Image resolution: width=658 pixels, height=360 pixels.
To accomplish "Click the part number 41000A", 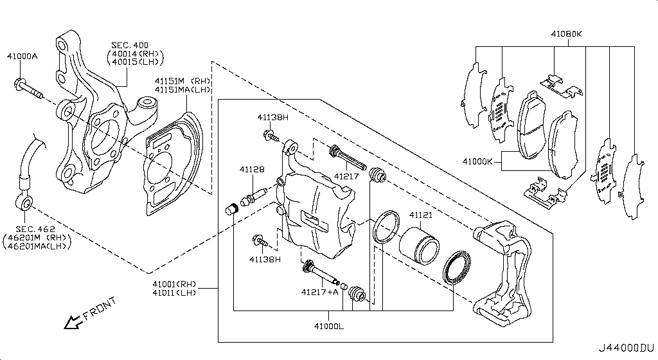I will click(22, 57).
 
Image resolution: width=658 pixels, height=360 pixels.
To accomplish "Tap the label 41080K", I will click(565, 33).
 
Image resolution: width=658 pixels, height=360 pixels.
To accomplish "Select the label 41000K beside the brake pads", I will click(476, 161).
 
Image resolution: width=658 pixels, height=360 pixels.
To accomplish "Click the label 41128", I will click(252, 170).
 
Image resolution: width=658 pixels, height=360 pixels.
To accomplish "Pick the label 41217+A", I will click(319, 292).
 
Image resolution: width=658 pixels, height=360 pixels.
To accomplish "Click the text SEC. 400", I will click(129, 45).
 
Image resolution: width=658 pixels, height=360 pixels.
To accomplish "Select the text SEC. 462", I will click(34, 229).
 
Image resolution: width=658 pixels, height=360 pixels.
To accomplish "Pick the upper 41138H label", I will click(273, 117).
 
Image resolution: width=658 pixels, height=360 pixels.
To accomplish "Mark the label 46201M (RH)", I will click(36, 238).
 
